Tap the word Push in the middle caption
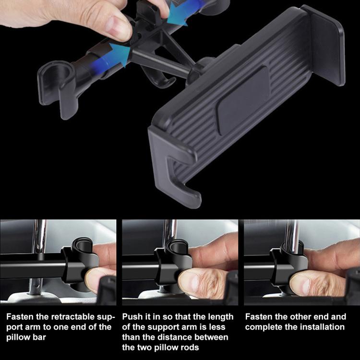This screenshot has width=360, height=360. [132, 317]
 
